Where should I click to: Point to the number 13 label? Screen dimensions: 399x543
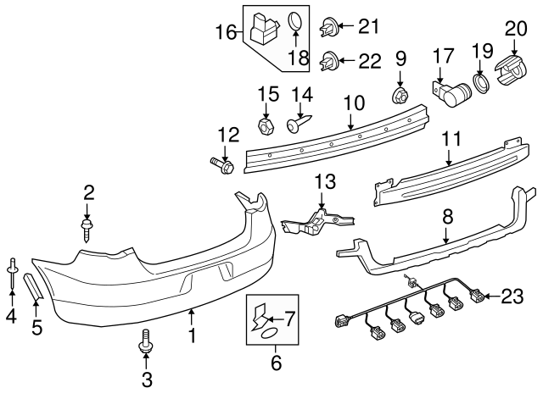[325, 181]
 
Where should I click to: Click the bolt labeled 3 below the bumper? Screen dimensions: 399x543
[146, 344]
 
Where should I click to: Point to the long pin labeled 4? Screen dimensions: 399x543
[12, 269]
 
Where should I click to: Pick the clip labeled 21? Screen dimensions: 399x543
[329, 28]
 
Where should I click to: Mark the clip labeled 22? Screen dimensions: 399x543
[329, 60]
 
